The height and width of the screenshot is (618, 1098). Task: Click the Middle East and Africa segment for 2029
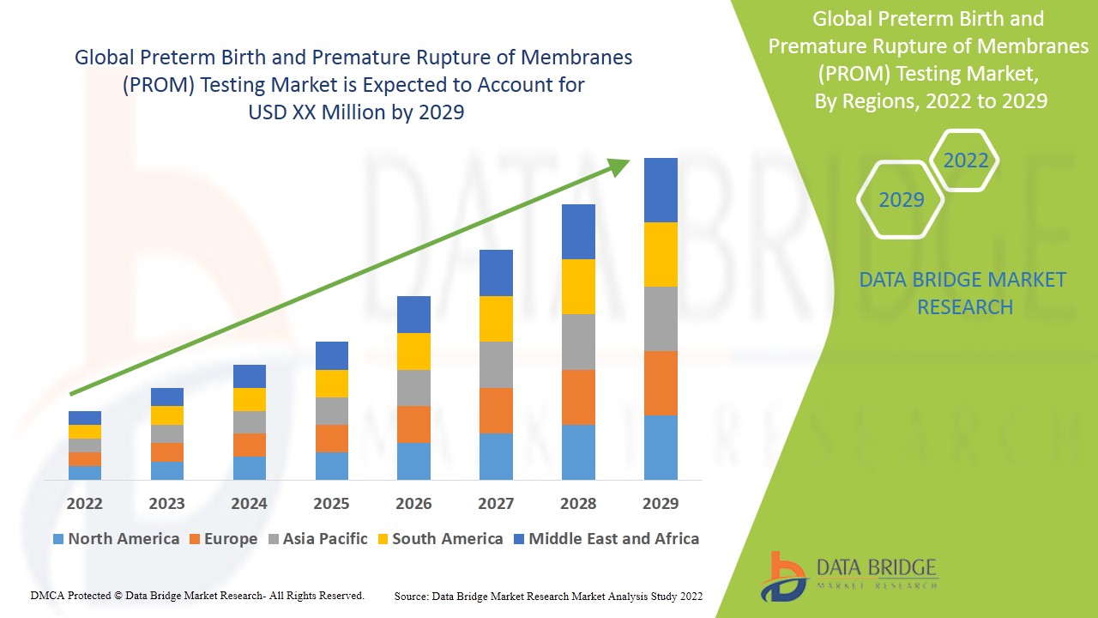pos(661,190)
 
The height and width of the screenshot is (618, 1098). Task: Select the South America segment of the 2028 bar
pos(578,287)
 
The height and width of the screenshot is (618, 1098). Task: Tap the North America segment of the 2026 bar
pos(413,461)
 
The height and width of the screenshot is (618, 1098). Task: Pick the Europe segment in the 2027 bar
pos(496,410)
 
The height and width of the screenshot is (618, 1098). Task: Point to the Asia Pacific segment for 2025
pos(331,411)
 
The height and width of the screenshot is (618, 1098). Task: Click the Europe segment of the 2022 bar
pos(85,459)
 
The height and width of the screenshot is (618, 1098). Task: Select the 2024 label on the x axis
pos(249,503)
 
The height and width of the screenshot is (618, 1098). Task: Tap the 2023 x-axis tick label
pos(166,503)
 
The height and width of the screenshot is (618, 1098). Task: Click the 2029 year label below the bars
pos(661,503)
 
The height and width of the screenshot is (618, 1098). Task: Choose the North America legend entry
pos(116,539)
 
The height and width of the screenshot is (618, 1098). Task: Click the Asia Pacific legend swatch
pos(274,539)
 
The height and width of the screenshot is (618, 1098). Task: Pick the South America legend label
pos(447,539)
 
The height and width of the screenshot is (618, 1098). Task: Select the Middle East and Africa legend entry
pos(613,539)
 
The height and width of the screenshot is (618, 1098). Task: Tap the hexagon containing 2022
pos(965,161)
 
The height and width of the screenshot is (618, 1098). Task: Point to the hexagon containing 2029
pos(901,200)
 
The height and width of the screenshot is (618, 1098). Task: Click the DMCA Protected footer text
pos(197,595)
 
